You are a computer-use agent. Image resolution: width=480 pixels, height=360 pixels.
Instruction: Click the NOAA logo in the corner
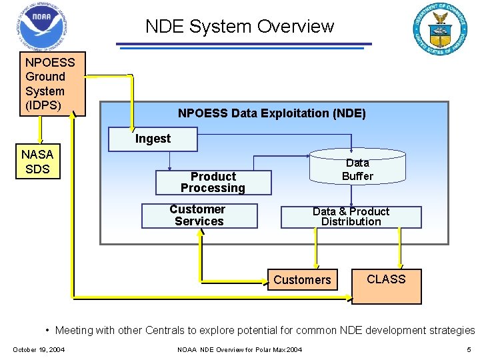tap(41, 26)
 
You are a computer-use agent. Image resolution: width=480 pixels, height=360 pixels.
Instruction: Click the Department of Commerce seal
tap(440, 29)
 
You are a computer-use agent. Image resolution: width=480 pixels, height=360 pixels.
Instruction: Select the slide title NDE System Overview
tap(239, 27)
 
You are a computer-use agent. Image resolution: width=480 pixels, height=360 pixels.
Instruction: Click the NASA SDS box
tap(37, 162)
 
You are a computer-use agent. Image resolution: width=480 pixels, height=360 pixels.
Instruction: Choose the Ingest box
tap(153, 139)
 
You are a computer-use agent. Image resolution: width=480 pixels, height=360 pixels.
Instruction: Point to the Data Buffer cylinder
tap(357, 169)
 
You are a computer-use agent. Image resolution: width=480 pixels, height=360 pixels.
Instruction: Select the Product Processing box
tap(213, 183)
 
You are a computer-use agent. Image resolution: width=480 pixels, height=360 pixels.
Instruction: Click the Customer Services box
tap(199, 215)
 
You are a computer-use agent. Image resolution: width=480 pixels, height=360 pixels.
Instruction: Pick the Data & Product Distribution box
tap(351, 217)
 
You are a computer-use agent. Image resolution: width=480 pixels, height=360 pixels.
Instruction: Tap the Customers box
tap(302, 280)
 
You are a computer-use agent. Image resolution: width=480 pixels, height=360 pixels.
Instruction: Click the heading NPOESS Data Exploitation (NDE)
tap(271, 113)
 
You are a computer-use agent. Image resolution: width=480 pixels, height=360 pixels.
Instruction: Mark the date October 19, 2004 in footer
tap(39, 350)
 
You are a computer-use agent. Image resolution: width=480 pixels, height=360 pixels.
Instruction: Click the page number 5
tap(469, 350)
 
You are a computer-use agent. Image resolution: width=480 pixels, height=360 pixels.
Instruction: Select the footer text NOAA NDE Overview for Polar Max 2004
tap(240, 350)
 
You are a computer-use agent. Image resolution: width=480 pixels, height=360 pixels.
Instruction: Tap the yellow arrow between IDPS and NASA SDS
tap(41, 130)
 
